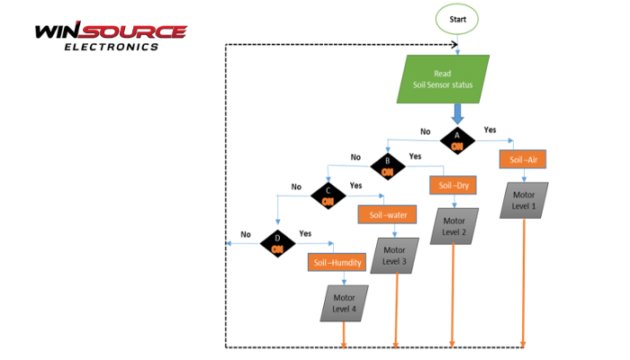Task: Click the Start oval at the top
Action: pyautogui.click(x=457, y=19)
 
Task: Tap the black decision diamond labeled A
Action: pyautogui.click(x=457, y=139)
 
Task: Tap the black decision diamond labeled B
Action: pyautogui.click(x=388, y=166)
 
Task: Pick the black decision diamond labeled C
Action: pyautogui.click(x=328, y=195)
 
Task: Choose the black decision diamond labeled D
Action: pyautogui.click(x=278, y=242)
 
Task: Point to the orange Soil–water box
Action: pyautogui.click(x=389, y=214)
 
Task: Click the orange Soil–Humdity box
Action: pyautogui.click(x=337, y=264)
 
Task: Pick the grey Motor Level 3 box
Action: pyautogui.click(x=395, y=256)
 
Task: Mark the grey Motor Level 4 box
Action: pyautogui.click(x=344, y=303)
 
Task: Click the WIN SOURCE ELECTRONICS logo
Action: pyautogui.click(x=111, y=36)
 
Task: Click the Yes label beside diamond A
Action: pyautogui.click(x=490, y=130)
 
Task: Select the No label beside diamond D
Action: pyautogui.click(x=246, y=234)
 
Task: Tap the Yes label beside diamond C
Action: pyautogui.click(x=355, y=184)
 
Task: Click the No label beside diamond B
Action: pyautogui.click(x=355, y=157)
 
